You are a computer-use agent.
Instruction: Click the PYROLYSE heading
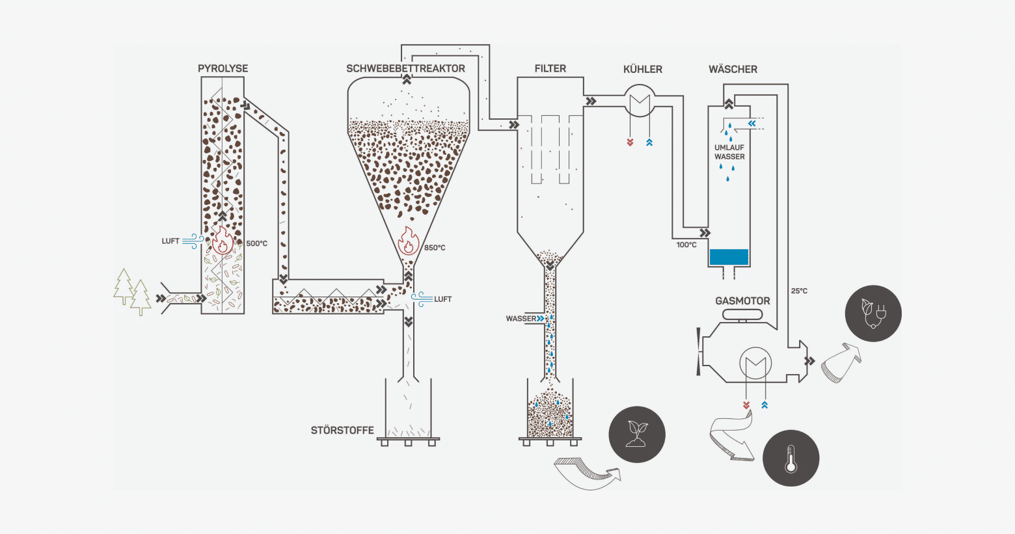pyautogui.click(x=223, y=68)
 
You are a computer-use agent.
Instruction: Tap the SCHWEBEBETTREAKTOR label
pyautogui.click(x=405, y=68)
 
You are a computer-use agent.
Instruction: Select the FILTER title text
pyautogui.click(x=550, y=68)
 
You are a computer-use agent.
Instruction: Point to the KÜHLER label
pyautogui.click(x=643, y=69)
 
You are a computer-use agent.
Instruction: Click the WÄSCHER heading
pyautogui.click(x=733, y=69)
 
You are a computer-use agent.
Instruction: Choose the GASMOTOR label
pyautogui.click(x=742, y=300)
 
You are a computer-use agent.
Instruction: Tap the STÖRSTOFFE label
pyautogui.click(x=342, y=430)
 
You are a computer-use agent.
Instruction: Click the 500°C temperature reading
pyautogui.click(x=256, y=243)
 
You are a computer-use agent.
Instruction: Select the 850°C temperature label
pyautogui.click(x=435, y=248)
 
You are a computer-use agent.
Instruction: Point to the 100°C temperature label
pyautogui.click(x=686, y=245)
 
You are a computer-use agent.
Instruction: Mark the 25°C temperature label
pyautogui.click(x=799, y=291)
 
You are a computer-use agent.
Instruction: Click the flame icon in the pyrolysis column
pyautogui.click(x=223, y=240)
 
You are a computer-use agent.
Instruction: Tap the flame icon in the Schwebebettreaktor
pyautogui.click(x=408, y=241)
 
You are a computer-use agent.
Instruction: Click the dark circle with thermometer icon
pyautogui.click(x=791, y=458)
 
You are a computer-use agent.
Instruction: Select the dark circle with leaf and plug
pyautogui.click(x=873, y=313)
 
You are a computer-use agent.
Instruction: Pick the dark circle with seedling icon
pyautogui.click(x=636, y=434)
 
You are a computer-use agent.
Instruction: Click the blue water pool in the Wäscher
pyautogui.click(x=729, y=257)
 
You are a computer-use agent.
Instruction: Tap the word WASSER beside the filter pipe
pyautogui.click(x=521, y=319)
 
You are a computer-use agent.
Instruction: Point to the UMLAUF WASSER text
pyautogui.click(x=729, y=152)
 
